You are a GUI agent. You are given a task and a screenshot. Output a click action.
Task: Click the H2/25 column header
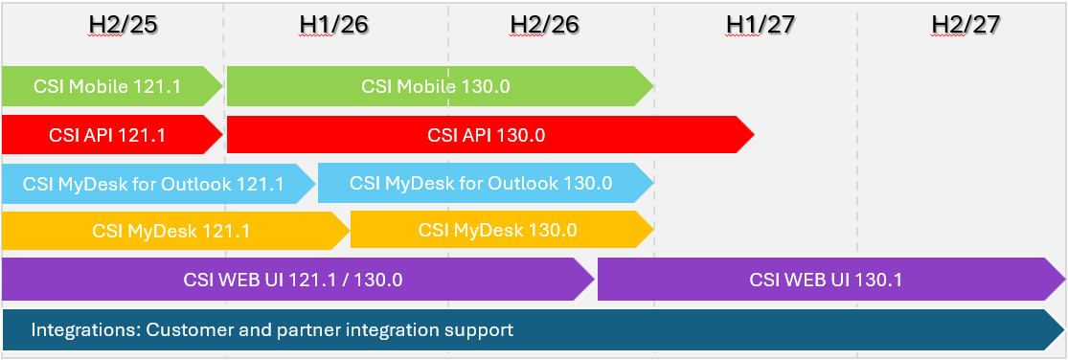(x=124, y=25)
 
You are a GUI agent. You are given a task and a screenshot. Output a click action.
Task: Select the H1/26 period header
(x=333, y=25)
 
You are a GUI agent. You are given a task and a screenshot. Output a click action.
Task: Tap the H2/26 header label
(x=545, y=25)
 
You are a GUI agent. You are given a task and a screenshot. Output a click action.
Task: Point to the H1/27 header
(x=761, y=25)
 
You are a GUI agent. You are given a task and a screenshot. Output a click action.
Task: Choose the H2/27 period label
(x=966, y=25)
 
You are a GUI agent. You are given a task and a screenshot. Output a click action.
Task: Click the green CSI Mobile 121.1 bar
(x=112, y=86)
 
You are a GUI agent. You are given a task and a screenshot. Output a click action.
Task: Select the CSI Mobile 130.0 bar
(x=440, y=86)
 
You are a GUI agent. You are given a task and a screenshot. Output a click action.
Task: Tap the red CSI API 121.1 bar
(x=112, y=135)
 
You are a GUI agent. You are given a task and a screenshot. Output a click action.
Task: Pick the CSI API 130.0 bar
(x=490, y=135)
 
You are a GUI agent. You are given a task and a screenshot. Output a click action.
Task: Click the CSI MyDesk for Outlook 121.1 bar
(x=158, y=184)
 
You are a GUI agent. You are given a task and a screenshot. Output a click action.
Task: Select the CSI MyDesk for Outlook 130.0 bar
(x=486, y=184)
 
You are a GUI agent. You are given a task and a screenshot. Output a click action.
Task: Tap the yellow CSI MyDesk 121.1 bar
(x=175, y=231)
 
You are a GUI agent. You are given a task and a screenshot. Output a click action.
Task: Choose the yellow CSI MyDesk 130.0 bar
(x=502, y=230)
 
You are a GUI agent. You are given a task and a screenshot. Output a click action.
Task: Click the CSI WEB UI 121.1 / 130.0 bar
(x=298, y=279)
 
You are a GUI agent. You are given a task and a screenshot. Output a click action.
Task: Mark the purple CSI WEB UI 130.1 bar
(x=831, y=279)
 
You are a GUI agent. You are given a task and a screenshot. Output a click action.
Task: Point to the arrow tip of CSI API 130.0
(x=754, y=135)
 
